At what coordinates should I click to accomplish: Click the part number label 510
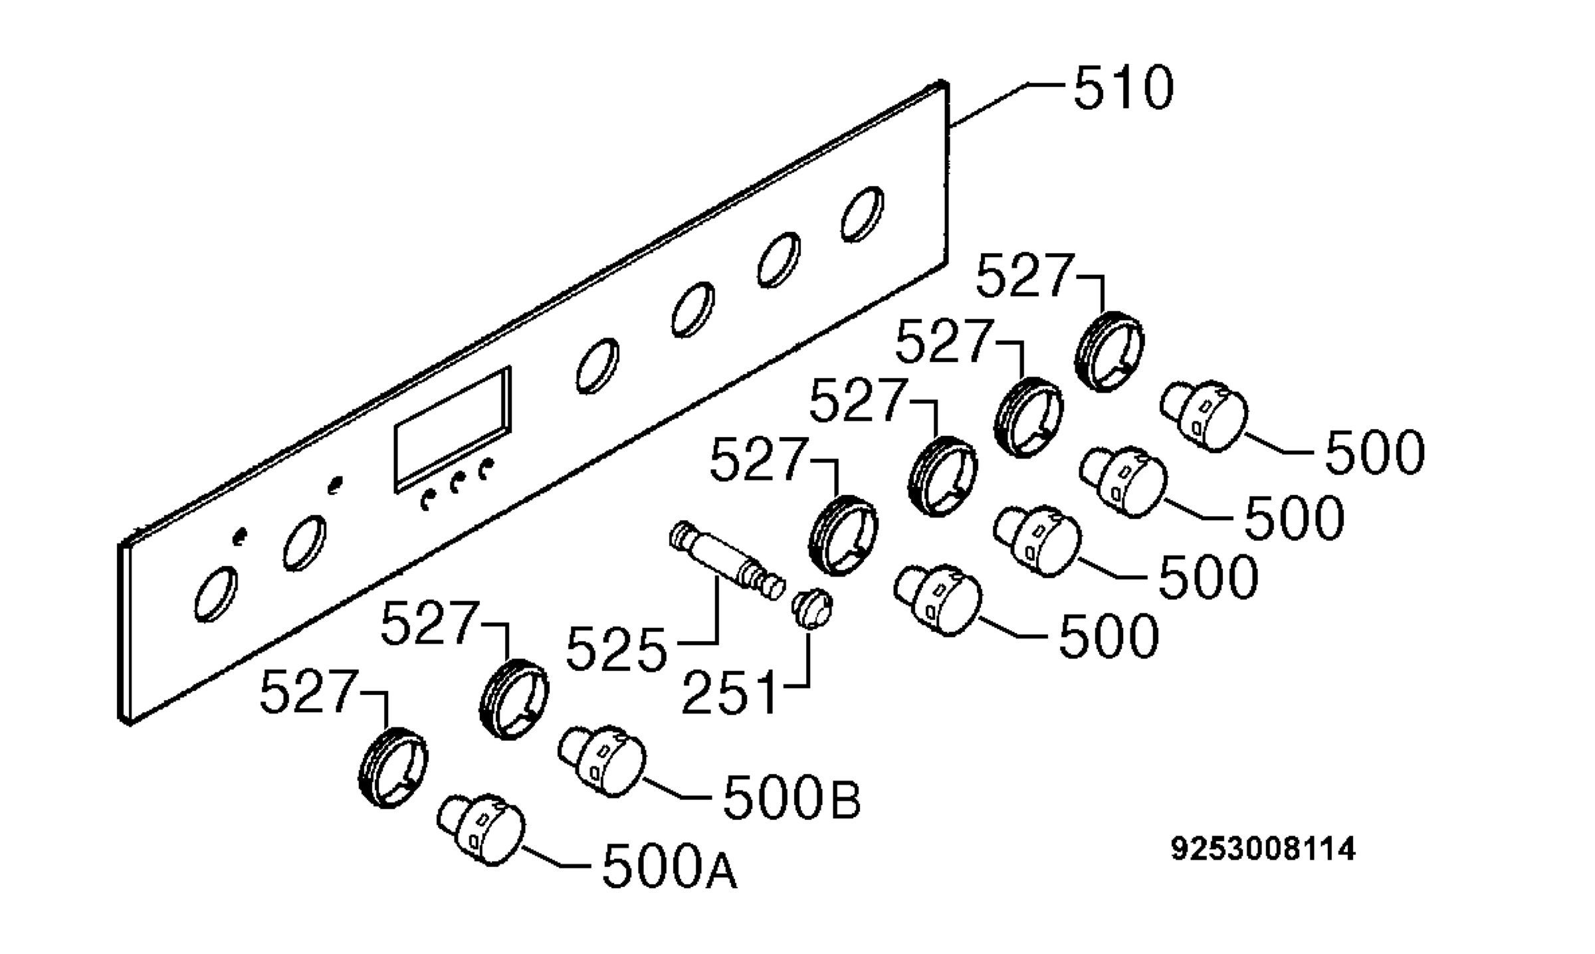[1123, 88]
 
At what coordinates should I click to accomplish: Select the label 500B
[792, 795]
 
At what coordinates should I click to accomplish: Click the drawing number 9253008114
[1263, 849]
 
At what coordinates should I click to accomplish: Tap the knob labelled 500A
[480, 830]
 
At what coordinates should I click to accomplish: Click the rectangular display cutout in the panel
[453, 429]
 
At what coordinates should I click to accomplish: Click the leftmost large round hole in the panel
[216, 594]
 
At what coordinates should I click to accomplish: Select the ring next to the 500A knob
[393, 767]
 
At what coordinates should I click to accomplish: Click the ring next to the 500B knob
[514, 698]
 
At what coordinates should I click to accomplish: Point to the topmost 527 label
[1024, 276]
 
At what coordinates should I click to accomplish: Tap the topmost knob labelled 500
[1204, 416]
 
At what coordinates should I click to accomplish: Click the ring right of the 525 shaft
[843, 535]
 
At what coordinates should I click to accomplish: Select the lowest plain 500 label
[1109, 636]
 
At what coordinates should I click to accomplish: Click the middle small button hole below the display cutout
[456, 484]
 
